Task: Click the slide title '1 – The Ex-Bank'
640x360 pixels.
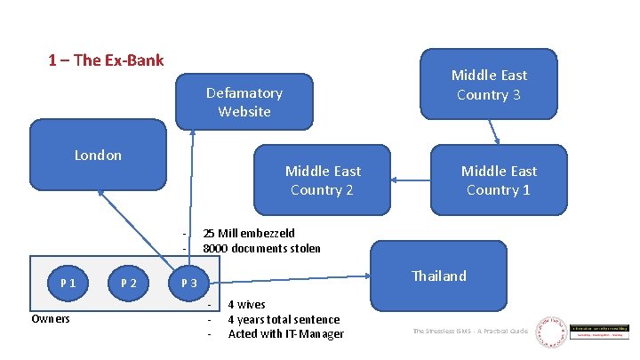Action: point(106,60)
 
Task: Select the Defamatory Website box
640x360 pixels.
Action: point(244,102)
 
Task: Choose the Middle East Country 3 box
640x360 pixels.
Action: point(488,85)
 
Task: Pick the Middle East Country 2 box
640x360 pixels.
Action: point(323,180)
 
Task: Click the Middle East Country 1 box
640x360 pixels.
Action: point(499,180)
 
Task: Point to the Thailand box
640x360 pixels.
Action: point(438,276)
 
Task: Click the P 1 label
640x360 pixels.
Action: point(68,283)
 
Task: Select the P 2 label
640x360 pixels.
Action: point(129,283)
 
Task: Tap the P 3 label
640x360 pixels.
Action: point(188,283)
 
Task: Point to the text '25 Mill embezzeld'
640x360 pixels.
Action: point(249,234)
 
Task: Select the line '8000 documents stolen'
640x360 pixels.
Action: point(261,249)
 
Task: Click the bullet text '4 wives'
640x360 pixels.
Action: point(246,305)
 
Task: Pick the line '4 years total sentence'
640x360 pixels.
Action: point(284,319)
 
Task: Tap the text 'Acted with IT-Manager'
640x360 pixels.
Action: point(285,334)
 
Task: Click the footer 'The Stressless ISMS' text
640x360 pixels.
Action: point(469,332)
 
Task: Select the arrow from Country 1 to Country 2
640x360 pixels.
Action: point(411,181)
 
